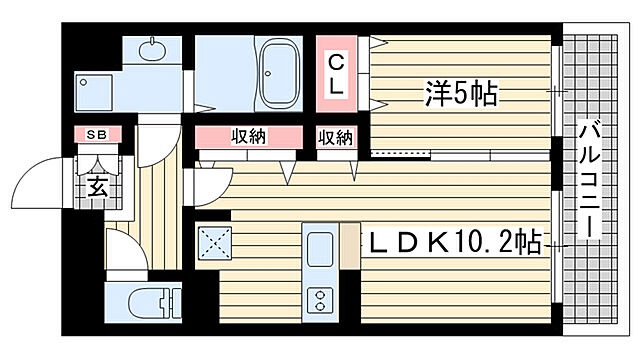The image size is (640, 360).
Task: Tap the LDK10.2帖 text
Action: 456,243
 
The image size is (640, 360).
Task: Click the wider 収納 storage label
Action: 249,137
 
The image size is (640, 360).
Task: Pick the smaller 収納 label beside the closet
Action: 336,137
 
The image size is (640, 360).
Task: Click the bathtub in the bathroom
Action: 276,75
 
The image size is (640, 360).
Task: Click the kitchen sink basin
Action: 321,250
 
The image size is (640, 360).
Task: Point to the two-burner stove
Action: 321,299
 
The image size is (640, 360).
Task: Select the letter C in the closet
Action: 339,63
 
